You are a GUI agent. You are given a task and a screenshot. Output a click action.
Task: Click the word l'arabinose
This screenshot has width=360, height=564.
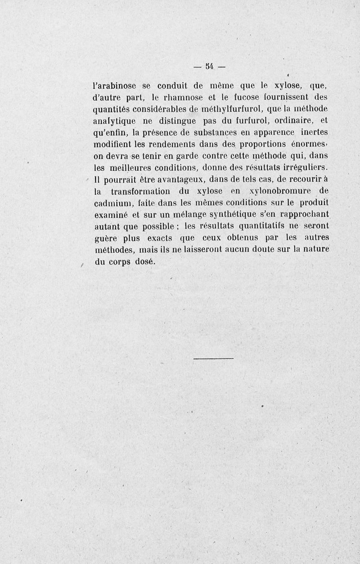[x=117, y=85]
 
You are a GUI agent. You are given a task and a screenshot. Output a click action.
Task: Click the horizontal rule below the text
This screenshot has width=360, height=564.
[x=213, y=358]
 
